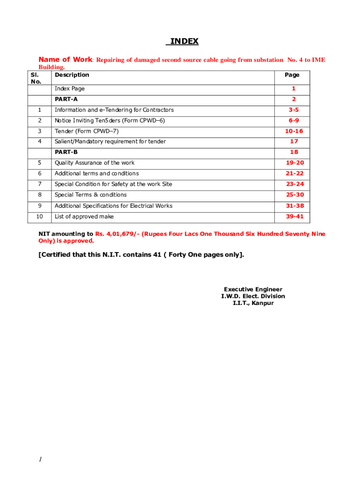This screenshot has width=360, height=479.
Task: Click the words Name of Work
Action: tap(65, 59)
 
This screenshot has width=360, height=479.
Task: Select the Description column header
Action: tap(72, 75)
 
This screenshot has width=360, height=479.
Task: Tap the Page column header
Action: tap(292, 75)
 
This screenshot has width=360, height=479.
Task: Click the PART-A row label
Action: tap(66, 99)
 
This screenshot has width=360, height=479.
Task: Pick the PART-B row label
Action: tap(66, 152)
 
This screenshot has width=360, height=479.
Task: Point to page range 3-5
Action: tap(294, 110)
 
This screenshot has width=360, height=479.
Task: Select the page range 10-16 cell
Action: tap(294, 131)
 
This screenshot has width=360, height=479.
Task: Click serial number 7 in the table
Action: tap(40, 184)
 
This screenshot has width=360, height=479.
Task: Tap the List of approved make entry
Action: tap(84, 217)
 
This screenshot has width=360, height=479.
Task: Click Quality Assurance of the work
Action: tap(94, 163)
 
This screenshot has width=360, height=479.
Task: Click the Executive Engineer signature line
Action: tap(253, 290)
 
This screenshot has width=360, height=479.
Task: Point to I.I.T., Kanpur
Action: tap(253, 303)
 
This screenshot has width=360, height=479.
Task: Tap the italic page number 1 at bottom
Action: tap(40, 460)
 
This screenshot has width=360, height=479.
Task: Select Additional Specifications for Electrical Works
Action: tap(113, 206)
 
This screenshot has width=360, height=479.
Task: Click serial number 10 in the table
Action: tap(40, 217)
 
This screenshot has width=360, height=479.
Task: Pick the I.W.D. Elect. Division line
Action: tap(253, 296)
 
